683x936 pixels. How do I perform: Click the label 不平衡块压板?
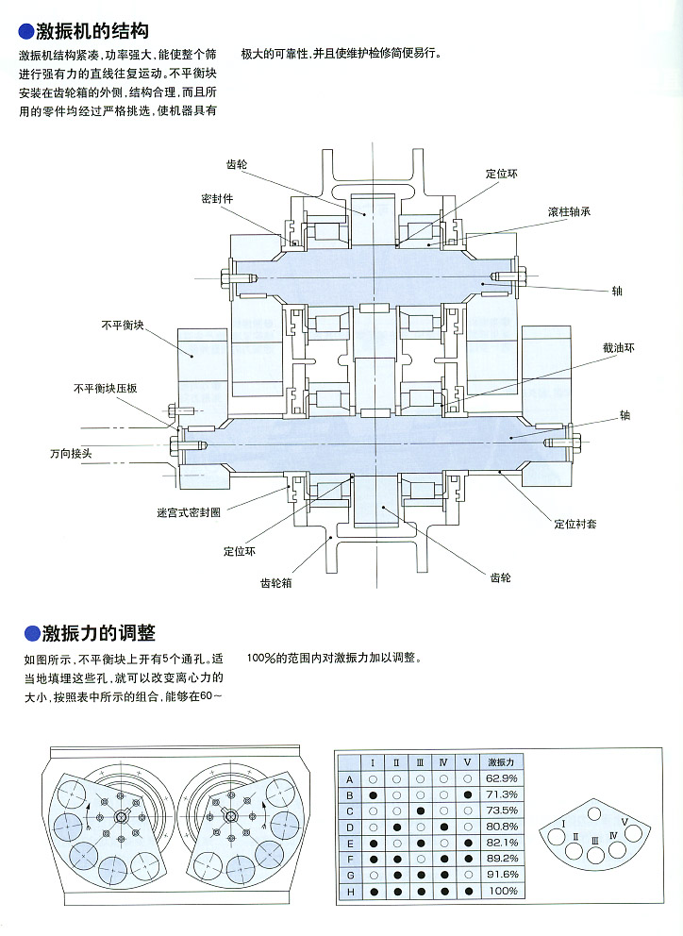pyautogui.click(x=107, y=388)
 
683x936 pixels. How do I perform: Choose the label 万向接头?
pyautogui.click(x=71, y=453)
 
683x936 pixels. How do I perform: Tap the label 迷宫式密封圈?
pyautogui.click(x=189, y=513)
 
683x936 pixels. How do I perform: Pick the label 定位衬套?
pyautogui.click(x=575, y=524)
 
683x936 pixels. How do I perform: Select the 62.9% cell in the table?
pyautogui.click(x=502, y=778)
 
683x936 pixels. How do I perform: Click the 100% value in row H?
pyautogui.click(x=502, y=891)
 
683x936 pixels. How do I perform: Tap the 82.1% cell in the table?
pyautogui.click(x=502, y=843)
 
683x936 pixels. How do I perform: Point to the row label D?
pyautogui.click(x=350, y=827)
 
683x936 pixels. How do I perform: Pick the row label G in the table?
pyautogui.click(x=350, y=875)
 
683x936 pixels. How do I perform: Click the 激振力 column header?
pyautogui.click(x=501, y=761)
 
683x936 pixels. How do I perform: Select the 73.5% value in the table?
pyautogui.click(x=502, y=811)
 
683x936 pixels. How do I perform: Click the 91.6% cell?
pyautogui.click(x=502, y=875)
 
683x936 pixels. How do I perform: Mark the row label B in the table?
pyautogui.click(x=350, y=794)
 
